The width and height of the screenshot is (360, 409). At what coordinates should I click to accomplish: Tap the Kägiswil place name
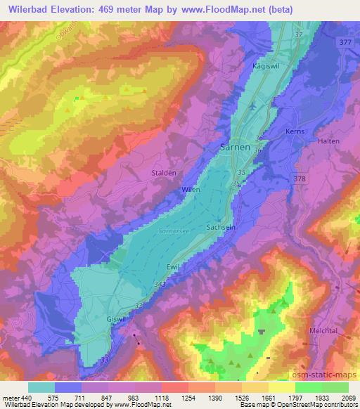265,65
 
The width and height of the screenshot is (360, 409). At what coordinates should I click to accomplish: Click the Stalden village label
162,172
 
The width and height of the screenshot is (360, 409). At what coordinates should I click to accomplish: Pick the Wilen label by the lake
191,190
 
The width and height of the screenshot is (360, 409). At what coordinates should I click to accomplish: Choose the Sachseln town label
220,228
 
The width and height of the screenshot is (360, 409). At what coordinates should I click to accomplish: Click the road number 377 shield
345,41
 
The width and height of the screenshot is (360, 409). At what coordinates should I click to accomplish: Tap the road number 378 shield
300,179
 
